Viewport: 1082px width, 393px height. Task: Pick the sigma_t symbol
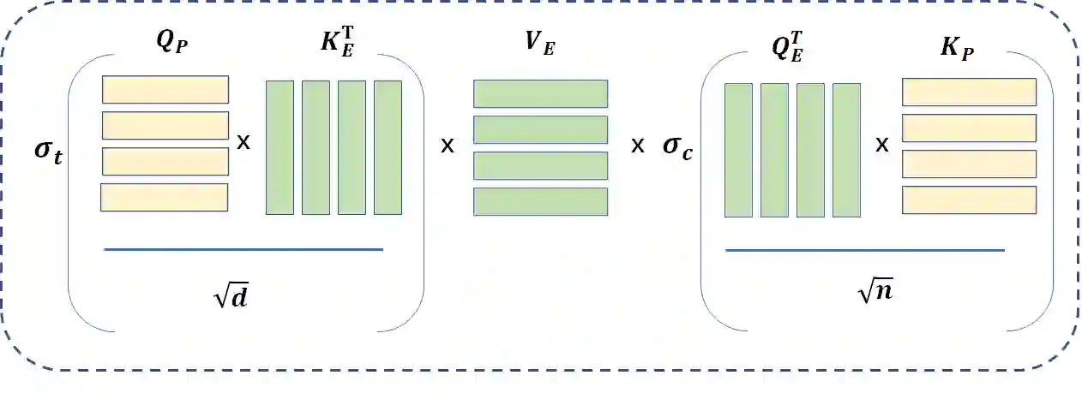click(48, 158)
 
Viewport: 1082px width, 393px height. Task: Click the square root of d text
click(232, 296)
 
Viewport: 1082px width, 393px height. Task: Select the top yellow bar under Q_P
click(165, 89)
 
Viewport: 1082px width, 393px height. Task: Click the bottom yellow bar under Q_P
click(164, 197)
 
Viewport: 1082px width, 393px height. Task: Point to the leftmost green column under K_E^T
click(280, 147)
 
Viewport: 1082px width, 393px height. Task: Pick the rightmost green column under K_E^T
click(388, 147)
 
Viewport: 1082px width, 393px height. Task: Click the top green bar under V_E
click(541, 93)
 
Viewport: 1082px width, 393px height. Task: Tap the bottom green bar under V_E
click(541, 201)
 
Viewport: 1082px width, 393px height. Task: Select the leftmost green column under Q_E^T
click(738, 150)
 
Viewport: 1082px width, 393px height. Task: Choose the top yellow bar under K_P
click(969, 92)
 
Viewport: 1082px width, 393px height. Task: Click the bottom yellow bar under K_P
click(969, 199)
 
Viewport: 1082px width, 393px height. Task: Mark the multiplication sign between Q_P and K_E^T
click(244, 142)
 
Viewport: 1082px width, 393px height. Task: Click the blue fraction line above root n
click(864, 250)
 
